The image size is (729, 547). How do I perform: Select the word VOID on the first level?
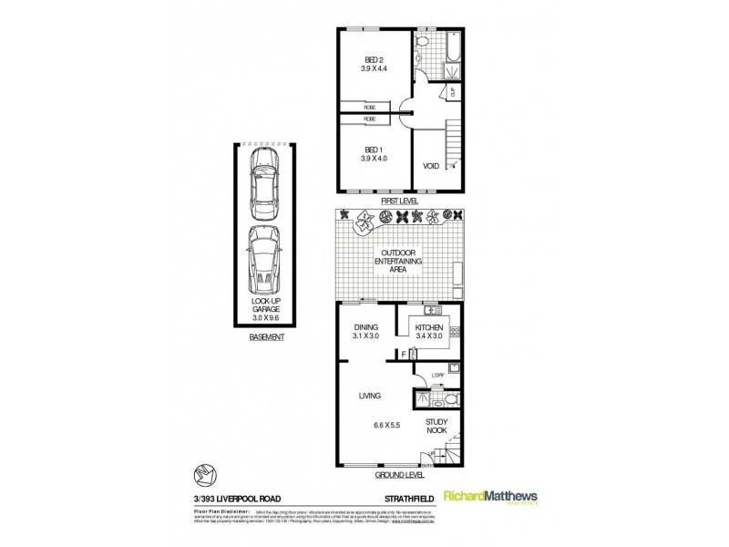430,166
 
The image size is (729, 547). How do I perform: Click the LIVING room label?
369,396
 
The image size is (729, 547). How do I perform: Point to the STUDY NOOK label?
436,428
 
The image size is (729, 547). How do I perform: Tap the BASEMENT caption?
265,337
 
